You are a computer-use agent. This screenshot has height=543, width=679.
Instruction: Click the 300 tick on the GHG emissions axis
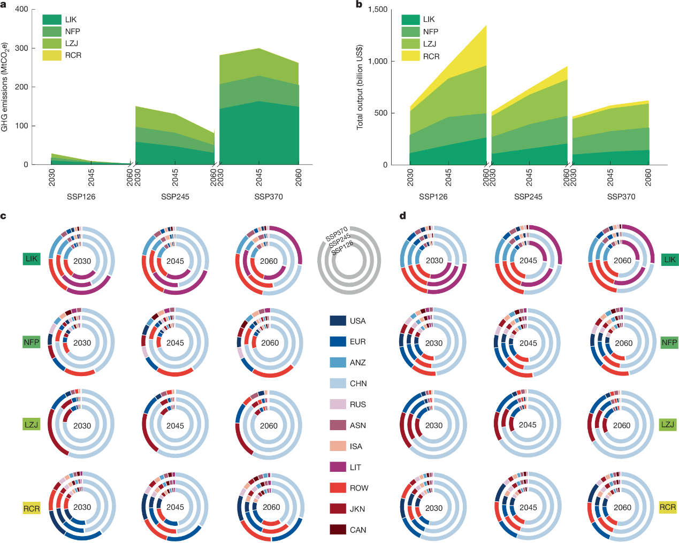(21, 48)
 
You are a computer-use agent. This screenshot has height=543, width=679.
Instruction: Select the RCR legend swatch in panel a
(52, 55)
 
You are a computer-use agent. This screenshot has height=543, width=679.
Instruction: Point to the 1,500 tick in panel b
(378, 10)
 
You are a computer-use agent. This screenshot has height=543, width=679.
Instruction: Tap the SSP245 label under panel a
(175, 197)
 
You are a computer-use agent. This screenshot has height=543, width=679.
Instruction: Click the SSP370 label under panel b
(621, 197)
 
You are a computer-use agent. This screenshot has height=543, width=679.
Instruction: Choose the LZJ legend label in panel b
(430, 44)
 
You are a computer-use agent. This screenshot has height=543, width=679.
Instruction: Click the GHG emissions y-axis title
(5, 87)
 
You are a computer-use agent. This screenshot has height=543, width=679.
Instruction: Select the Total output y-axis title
(360, 87)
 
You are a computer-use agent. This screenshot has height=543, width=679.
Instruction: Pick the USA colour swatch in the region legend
(338, 321)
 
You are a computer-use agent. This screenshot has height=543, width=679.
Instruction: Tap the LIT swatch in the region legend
(338, 467)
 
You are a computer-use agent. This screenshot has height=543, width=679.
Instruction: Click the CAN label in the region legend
(358, 530)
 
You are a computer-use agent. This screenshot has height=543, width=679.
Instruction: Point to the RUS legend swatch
(338, 404)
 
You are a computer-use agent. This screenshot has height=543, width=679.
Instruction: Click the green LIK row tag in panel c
(32, 259)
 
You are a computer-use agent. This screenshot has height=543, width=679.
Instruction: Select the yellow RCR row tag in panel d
(668, 507)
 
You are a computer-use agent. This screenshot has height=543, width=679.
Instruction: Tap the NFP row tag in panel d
(669, 342)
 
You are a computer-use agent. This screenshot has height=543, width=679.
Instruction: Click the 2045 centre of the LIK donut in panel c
(175, 261)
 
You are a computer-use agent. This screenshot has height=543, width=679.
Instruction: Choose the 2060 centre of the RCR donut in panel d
(622, 507)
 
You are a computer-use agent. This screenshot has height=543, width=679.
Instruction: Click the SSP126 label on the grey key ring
(342, 248)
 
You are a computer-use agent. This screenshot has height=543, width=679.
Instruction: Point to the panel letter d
(402, 216)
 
